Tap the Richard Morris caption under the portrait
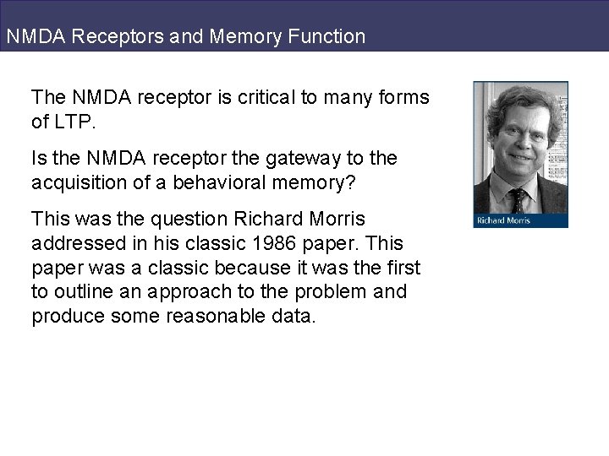tap(505, 221)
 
